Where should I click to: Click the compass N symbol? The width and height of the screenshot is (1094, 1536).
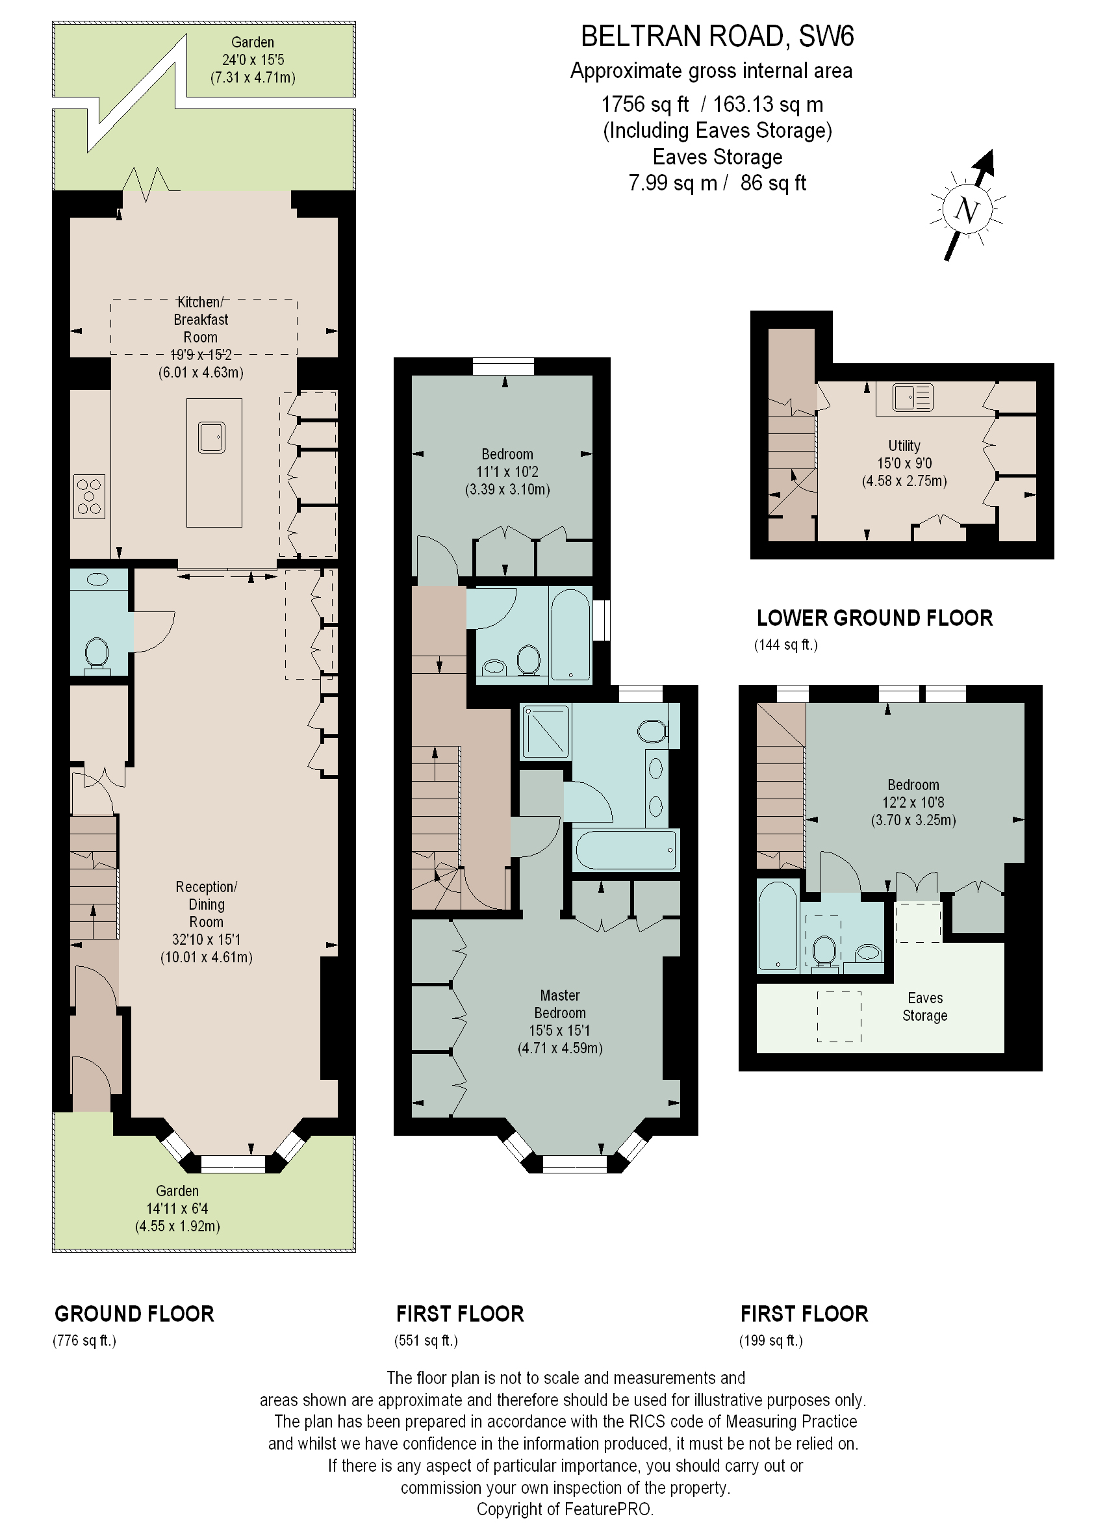967,211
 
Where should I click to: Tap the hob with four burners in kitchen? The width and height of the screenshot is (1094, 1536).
89,496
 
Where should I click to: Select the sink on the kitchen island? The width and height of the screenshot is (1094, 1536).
212,437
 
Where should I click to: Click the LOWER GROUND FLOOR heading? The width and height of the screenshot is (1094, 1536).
874,618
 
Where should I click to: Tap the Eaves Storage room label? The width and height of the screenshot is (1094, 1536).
924,1006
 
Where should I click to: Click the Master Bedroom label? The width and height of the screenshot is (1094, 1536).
559,1004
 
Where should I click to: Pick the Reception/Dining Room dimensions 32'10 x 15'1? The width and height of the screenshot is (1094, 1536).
206,939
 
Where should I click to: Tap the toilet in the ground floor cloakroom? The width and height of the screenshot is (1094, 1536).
97,653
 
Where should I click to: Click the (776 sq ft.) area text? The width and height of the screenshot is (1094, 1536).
84,1340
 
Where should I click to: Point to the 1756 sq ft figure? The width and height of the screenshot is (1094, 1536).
644,105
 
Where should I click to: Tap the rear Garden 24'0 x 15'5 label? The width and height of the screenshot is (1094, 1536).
253,59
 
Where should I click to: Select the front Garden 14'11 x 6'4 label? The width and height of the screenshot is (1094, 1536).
177,1208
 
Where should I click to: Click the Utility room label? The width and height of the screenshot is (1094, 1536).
904,445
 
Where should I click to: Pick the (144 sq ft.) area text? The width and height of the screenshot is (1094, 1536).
785,645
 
